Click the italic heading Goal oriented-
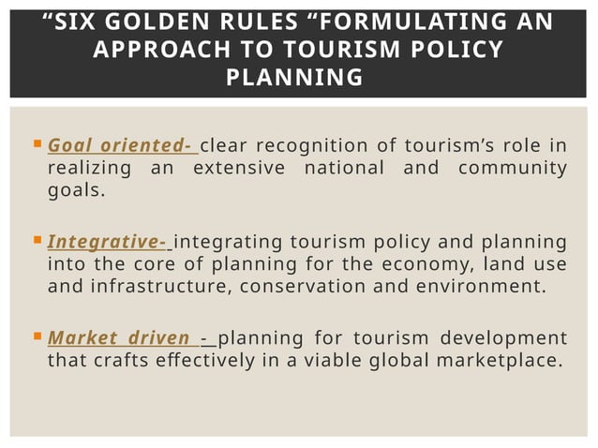tap(120, 145)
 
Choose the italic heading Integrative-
tap(107, 242)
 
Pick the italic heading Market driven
tap(119, 337)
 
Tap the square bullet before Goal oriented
tap(37, 145)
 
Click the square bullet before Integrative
tap(37, 242)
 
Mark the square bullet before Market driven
tap(37, 337)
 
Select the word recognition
tap(310, 145)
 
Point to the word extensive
tap(238, 168)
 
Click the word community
tap(514, 168)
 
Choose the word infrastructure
tap(152, 287)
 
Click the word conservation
tap(298, 287)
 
